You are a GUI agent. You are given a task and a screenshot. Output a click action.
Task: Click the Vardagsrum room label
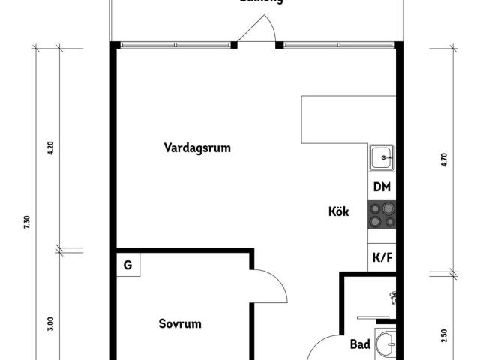[x=197, y=148]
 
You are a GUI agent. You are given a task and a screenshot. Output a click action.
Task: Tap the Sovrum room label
[x=180, y=324]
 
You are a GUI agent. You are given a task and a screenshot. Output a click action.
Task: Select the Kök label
[x=339, y=211]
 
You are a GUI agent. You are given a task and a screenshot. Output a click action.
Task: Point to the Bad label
[x=361, y=345]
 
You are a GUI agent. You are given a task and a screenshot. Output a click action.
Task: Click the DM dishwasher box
[x=382, y=187]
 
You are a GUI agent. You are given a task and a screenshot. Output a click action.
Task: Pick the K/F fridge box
[x=382, y=257]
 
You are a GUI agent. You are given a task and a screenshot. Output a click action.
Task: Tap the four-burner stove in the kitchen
[x=382, y=216]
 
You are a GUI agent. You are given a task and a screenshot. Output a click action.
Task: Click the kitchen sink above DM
[x=382, y=158]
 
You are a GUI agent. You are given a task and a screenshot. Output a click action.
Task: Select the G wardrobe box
[x=128, y=265]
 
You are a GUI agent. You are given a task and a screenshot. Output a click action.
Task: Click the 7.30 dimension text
[x=26, y=222]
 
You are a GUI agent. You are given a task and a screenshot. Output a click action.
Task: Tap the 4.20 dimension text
[x=51, y=148]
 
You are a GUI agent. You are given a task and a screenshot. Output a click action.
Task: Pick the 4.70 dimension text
[x=444, y=159]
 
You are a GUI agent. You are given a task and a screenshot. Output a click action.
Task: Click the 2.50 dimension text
[x=444, y=335]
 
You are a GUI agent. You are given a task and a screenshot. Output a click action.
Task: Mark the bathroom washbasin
[x=385, y=345]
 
